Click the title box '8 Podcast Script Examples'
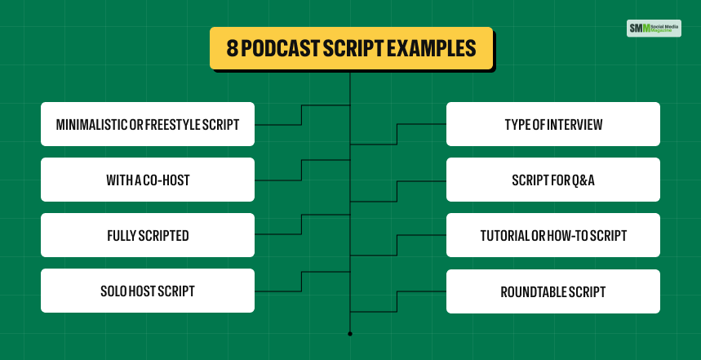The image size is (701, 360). pos(351,48)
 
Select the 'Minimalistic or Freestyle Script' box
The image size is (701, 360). pos(147,124)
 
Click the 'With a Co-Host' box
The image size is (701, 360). pos(147,180)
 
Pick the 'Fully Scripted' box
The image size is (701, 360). pos(147,236)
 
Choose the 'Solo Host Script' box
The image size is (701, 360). pos(147,291)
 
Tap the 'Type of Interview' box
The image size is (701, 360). pos(553,124)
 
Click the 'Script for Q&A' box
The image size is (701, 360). pos(553,180)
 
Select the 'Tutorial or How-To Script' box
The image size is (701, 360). pos(553,236)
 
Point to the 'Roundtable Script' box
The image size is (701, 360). pos(553,291)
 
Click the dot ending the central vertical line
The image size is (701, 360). pos(350,334)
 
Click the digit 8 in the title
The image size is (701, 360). pos(230,48)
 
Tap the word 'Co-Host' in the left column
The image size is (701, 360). pos(168,180)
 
